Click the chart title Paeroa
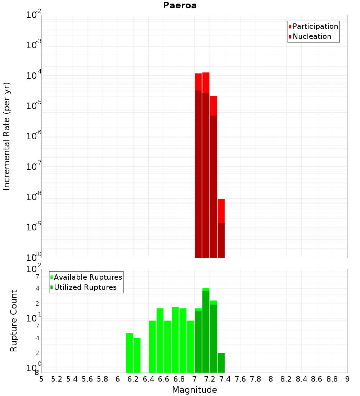point(180,5)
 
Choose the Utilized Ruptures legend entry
point(85,287)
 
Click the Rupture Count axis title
point(14,321)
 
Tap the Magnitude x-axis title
point(194,390)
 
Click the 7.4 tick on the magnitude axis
point(225,379)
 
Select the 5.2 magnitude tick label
point(57,379)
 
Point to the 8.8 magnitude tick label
point(332,379)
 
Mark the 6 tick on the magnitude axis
point(118,379)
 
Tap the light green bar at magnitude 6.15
point(129,353)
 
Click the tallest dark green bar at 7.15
point(206,331)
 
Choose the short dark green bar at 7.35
point(221,363)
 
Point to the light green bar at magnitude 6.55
point(160,340)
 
